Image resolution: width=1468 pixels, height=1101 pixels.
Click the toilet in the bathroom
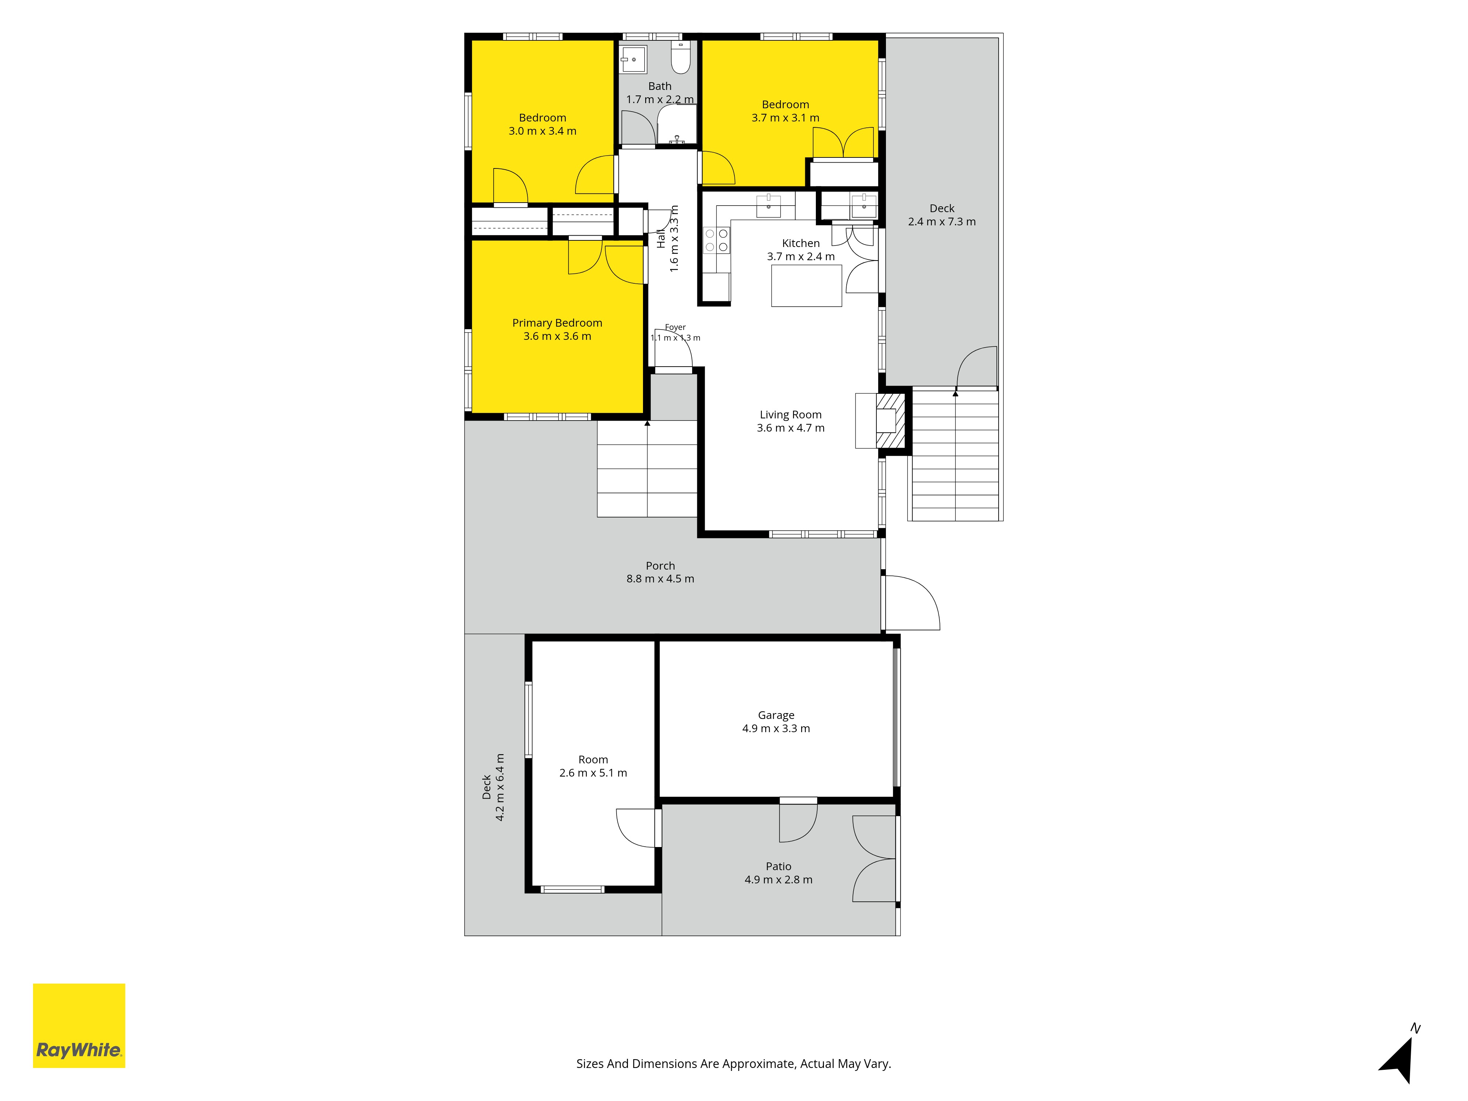click(681, 57)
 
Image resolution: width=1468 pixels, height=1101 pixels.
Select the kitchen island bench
click(806, 286)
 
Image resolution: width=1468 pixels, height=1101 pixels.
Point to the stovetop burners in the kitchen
click(717, 240)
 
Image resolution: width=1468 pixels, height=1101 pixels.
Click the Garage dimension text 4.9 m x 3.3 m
click(776, 728)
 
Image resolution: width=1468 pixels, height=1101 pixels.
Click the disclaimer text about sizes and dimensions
click(733, 1063)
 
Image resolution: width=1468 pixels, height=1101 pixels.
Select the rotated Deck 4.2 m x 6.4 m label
click(493, 787)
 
